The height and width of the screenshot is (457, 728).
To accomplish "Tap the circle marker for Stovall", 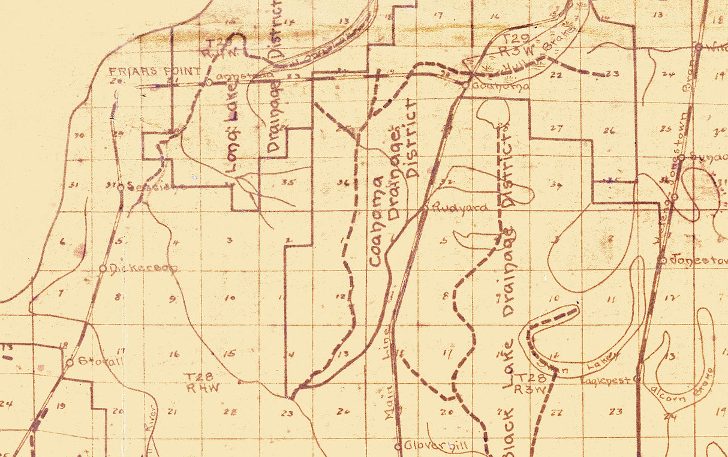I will (x=70, y=362).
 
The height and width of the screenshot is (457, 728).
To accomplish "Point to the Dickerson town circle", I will (x=103, y=268).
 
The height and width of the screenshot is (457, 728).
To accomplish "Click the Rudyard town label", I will (x=457, y=208).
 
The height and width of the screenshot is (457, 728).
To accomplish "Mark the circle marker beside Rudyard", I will (x=426, y=209).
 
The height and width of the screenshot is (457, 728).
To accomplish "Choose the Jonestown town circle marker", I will (x=663, y=260).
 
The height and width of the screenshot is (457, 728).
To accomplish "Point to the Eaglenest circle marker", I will (x=636, y=379).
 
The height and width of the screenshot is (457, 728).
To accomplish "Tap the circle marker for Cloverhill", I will (x=398, y=446).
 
